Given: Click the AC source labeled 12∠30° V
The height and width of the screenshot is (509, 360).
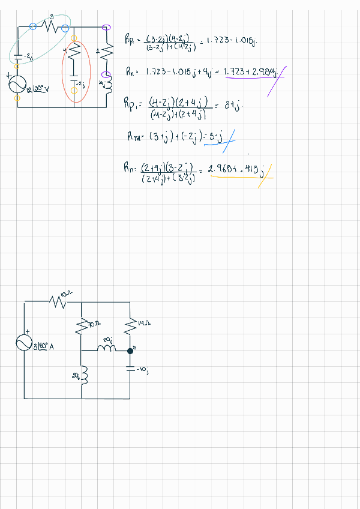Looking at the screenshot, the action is click(x=17, y=85).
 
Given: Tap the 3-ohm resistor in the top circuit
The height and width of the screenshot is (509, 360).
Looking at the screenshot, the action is click(x=50, y=26).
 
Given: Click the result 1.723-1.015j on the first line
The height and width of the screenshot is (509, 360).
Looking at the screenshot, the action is click(x=229, y=41).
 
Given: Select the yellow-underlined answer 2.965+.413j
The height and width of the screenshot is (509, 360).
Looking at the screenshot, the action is click(x=236, y=170).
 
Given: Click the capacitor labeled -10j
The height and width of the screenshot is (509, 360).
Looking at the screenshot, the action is click(x=130, y=370).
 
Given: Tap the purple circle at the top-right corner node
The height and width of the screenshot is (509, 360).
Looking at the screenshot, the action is click(x=107, y=27).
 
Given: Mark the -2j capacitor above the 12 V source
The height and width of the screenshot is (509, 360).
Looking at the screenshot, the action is click(x=17, y=56).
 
